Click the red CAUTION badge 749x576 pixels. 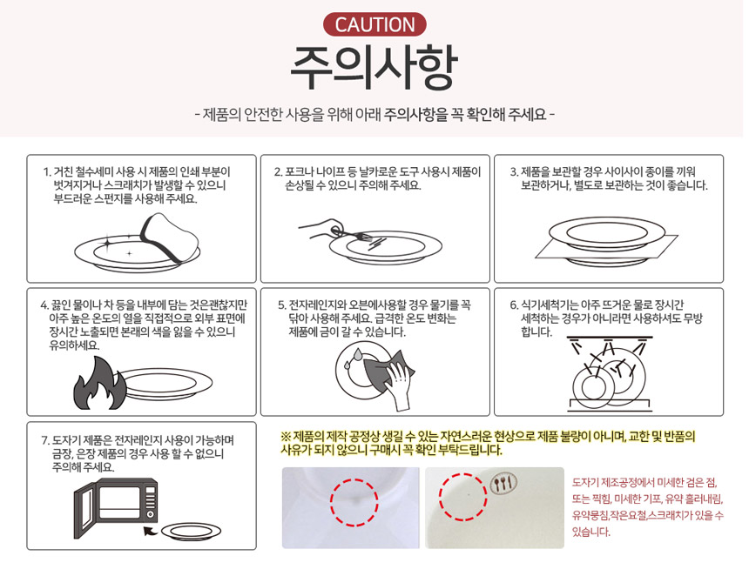374,25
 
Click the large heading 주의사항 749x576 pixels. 374,68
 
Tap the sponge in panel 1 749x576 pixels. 170,238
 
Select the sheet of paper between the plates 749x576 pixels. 607,247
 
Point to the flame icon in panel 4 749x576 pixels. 100,385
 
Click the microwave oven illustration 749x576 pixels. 116,507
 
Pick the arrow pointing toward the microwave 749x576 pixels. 151,531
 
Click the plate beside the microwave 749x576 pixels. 191,532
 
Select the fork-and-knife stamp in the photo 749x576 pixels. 504,484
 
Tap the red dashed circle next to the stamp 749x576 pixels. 462,496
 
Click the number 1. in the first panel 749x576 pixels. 47,171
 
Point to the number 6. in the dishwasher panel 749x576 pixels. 514,305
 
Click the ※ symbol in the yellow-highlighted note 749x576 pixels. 286,436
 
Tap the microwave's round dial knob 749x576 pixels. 150,514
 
